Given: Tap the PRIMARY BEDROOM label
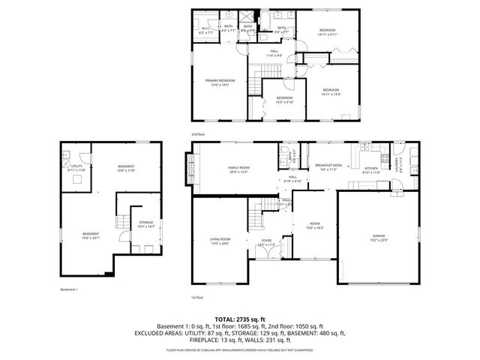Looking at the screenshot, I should (x=220, y=80).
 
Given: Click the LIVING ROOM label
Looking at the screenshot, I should (x=220, y=239).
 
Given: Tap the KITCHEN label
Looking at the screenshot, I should (x=373, y=168).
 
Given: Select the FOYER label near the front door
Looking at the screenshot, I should (x=266, y=241).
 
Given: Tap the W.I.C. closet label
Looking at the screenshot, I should (x=206, y=29).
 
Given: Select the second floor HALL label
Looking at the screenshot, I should (x=274, y=52).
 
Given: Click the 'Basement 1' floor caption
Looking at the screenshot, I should (x=69, y=289).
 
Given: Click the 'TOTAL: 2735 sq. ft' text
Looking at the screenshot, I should (x=240, y=319).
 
